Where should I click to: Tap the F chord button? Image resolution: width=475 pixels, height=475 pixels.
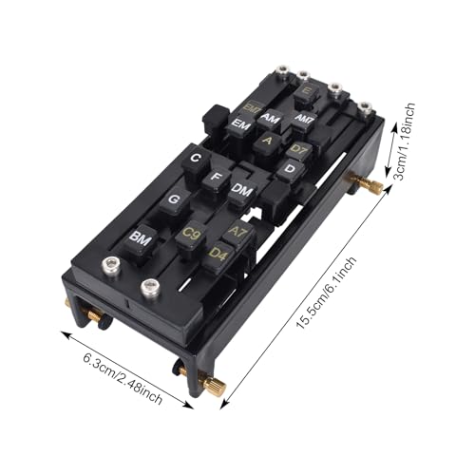(218, 177)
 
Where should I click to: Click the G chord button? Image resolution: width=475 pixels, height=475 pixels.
(174, 200)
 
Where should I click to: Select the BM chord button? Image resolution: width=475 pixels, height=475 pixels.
(142, 236)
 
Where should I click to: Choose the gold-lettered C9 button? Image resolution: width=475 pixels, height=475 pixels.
(191, 233)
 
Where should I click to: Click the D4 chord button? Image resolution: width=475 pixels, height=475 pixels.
(218, 255)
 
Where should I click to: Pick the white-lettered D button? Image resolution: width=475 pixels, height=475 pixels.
(289, 169)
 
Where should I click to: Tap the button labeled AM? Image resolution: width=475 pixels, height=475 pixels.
(271, 119)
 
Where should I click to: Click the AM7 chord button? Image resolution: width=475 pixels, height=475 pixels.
(304, 119)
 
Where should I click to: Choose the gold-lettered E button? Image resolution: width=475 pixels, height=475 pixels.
(306, 93)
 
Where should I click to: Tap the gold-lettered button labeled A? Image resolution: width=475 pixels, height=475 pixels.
(268, 141)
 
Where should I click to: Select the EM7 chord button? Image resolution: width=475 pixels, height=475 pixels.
(251, 107)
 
